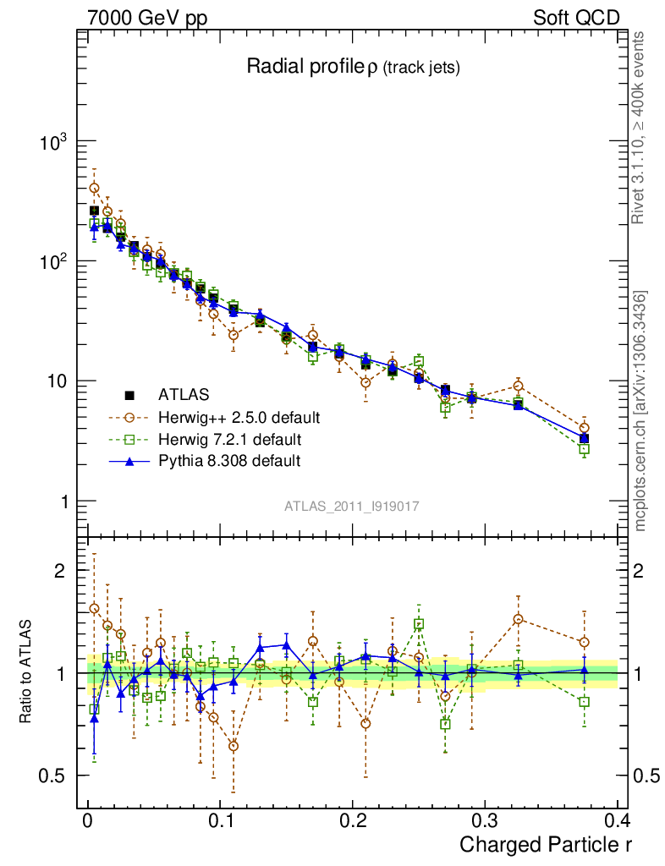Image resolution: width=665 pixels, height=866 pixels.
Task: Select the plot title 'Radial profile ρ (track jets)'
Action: pyautogui.click(x=352, y=69)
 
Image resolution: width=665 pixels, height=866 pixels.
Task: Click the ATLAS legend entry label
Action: pyautogui.click(x=184, y=394)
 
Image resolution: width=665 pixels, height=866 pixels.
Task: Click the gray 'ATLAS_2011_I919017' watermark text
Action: pyautogui.click(x=352, y=506)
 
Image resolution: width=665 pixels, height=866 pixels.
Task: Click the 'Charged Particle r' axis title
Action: pyautogui.click(x=546, y=844)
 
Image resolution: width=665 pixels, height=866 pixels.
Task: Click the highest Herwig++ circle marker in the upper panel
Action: pyautogui.click(x=94, y=188)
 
